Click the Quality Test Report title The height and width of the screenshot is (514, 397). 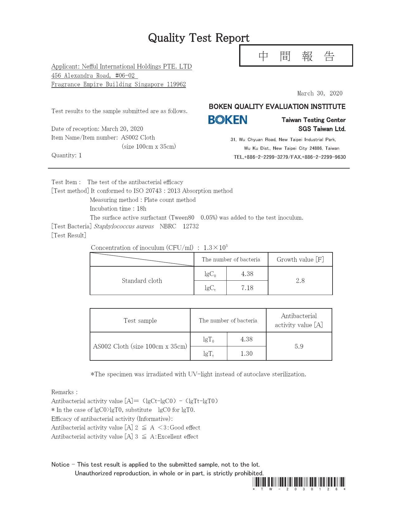coord(199,38)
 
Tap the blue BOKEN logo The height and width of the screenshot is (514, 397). coord(228,120)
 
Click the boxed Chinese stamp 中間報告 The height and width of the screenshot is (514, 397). coord(296,56)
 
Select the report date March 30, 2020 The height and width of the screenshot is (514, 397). coord(320,93)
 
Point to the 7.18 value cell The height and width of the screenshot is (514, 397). coord(247,288)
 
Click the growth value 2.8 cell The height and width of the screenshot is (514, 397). coord(300,281)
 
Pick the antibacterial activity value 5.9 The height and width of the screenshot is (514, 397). coord(299,346)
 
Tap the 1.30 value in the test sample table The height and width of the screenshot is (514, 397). coord(246,354)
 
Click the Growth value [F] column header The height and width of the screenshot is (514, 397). coord(300,259)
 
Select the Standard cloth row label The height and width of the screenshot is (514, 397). coord(142,281)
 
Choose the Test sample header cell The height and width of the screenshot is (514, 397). coord(140,321)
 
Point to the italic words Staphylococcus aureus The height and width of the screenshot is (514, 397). coord(124,226)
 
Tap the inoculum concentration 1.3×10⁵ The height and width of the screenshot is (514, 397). coord(215,248)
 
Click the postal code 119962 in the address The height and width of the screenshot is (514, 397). coord(176,84)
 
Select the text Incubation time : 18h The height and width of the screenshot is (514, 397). coord(118,209)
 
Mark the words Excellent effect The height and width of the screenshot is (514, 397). coord(178,437)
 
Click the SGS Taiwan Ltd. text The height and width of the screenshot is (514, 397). coord(322,129)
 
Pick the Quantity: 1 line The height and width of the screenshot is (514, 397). coord(67,155)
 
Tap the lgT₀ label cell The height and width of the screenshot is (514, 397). coord(209,340)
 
